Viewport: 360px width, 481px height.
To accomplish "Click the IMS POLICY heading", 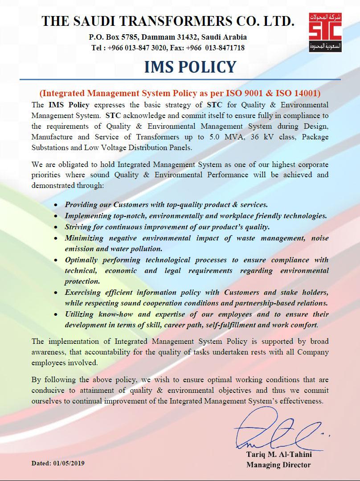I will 190,67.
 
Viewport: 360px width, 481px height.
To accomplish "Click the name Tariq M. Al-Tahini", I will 278,455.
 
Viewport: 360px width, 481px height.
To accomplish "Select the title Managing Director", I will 278,465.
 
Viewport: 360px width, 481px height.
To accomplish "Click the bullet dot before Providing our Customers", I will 55,205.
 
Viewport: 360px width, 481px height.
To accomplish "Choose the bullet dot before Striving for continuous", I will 55,227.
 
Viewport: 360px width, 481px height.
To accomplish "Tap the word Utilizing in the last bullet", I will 81,314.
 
